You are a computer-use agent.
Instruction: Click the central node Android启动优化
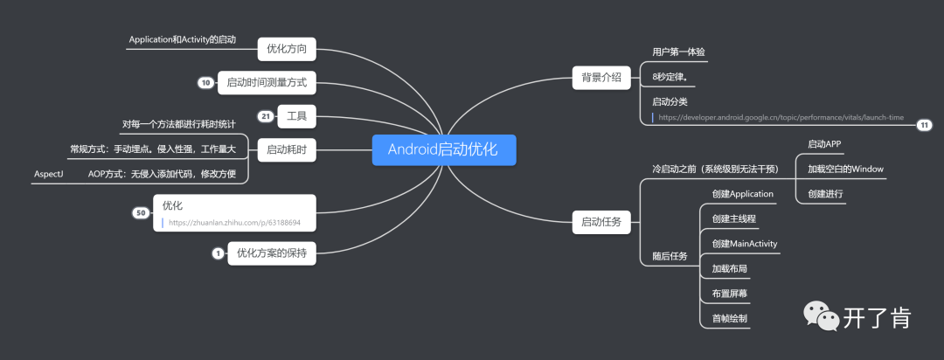tap(443, 149)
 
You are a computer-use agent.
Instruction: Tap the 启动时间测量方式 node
tap(266, 83)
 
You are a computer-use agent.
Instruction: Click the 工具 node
tap(296, 115)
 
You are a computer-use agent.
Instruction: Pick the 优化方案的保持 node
tap(272, 253)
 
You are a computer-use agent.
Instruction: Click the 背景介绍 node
tap(601, 77)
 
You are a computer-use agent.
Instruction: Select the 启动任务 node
tap(601, 222)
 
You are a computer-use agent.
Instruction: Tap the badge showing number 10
tap(205, 83)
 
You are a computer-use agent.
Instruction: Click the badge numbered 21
tap(266, 115)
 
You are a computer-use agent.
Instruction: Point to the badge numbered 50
tap(140, 212)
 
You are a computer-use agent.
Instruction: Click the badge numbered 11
tap(925, 125)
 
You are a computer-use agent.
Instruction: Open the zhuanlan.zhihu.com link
tap(234, 223)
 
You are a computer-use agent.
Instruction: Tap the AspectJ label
tap(49, 174)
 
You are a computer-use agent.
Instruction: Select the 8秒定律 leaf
tap(670, 77)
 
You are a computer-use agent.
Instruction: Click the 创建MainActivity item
tap(744, 243)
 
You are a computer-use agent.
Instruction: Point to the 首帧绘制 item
tap(729, 318)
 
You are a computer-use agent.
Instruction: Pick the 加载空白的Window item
tap(846, 169)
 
